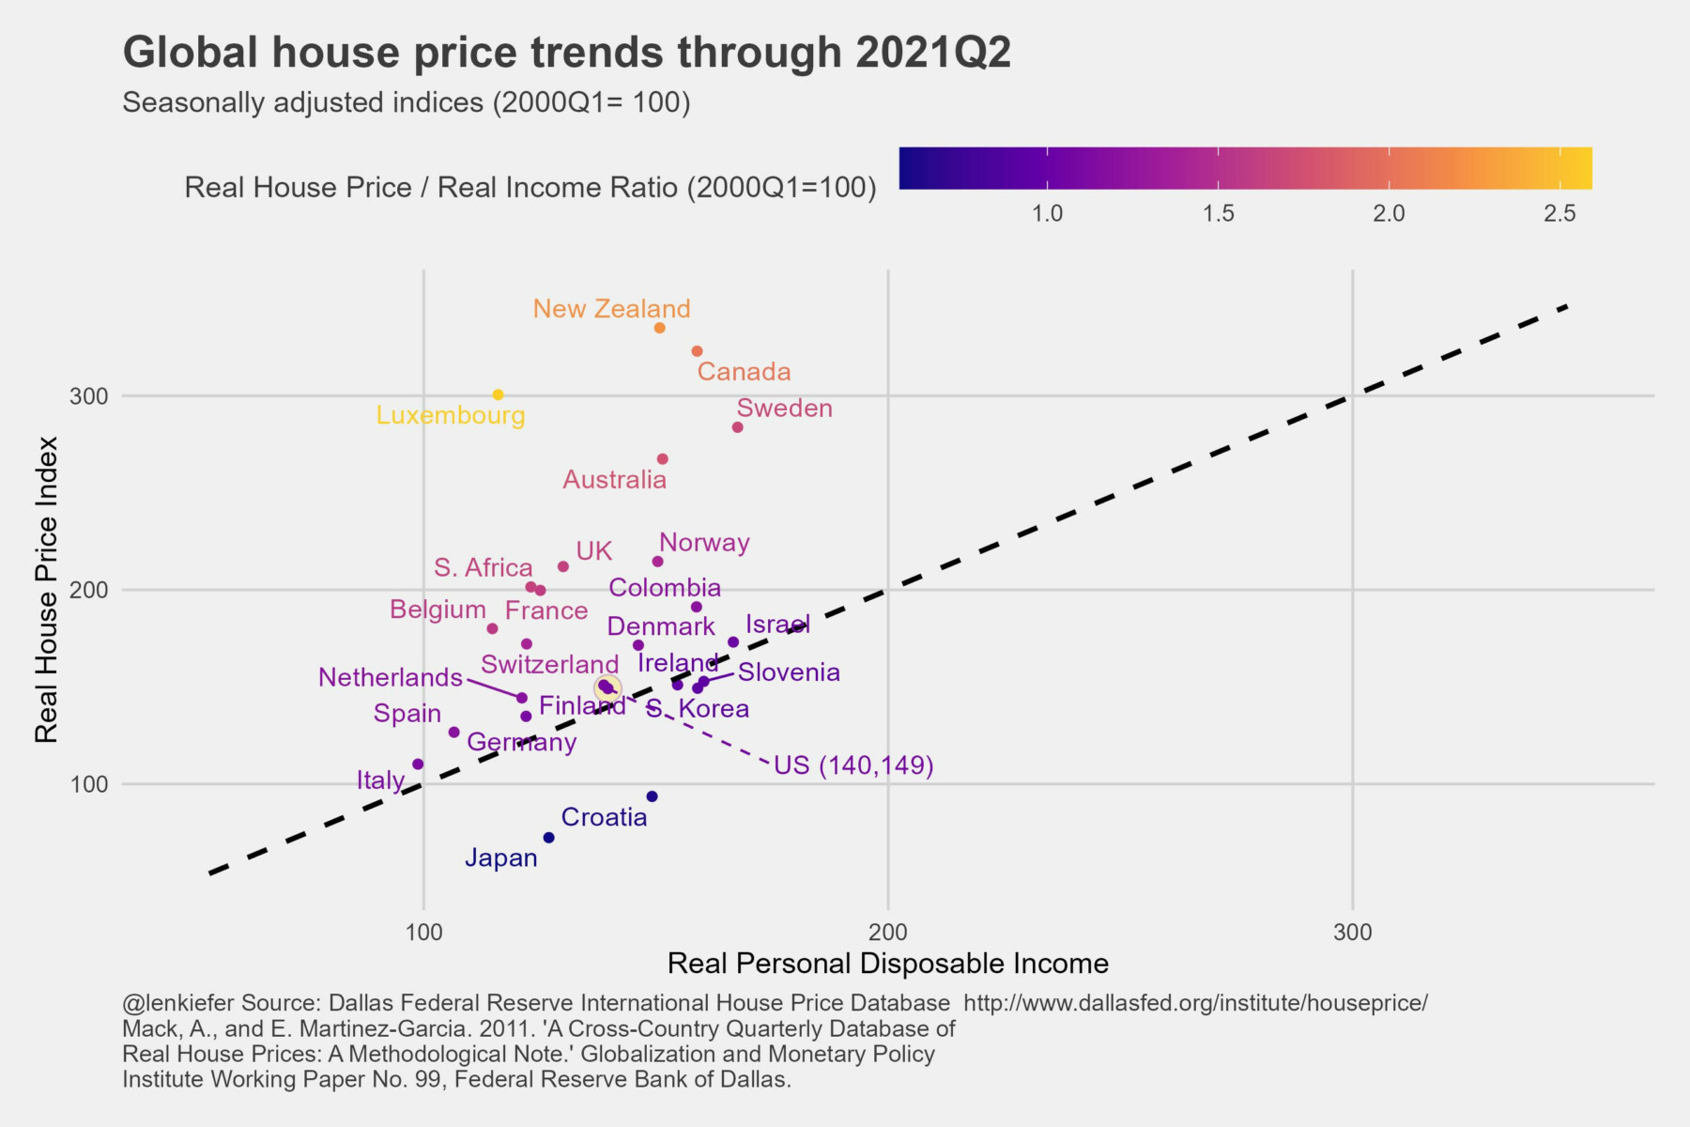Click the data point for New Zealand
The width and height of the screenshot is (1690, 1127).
660,328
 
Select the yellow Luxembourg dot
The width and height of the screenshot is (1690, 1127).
499,394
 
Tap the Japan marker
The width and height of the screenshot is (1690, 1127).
549,838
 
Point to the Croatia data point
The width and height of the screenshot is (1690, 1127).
653,796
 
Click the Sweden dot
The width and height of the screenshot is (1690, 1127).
738,427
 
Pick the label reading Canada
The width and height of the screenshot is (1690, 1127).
744,372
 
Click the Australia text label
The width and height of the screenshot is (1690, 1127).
614,480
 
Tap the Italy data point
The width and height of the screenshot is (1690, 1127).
419,764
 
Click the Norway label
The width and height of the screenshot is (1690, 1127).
704,543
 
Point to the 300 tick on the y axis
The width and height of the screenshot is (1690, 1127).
89,396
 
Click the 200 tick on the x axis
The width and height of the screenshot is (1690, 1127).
888,933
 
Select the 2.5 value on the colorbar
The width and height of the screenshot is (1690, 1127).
1559,214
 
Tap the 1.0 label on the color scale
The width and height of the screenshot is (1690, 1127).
1048,214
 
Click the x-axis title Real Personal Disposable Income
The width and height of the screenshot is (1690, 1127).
887,964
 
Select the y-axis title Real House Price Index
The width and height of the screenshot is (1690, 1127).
47,589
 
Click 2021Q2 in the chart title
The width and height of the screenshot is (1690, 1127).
933,53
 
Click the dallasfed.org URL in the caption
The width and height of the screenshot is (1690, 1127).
1195,1003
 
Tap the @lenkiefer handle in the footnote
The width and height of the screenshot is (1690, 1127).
177,1003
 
